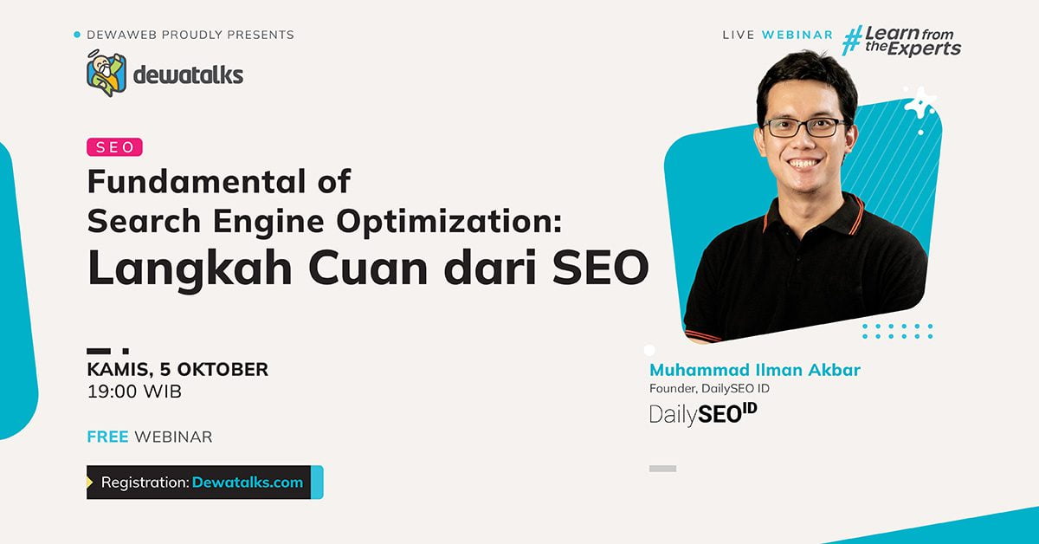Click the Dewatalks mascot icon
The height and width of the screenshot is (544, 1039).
click(x=106, y=73)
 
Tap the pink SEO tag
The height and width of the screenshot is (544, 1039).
click(x=114, y=147)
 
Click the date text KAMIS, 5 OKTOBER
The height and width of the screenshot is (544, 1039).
click(x=177, y=369)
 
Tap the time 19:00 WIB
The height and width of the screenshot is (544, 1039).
click(x=134, y=392)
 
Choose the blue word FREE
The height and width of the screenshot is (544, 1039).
click(x=107, y=437)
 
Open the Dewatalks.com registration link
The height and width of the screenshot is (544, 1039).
click(x=248, y=482)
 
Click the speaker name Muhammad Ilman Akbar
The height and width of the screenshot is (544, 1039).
click(x=754, y=371)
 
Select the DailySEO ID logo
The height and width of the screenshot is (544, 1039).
click(x=703, y=414)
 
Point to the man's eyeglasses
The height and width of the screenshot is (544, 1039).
click(x=805, y=127)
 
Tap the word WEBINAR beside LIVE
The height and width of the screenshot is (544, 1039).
click(x=797, y=35)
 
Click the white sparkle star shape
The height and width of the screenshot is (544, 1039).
click(x=920, y=102)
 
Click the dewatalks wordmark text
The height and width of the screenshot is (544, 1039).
click(x=188, y=74)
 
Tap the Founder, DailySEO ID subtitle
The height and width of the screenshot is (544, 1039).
click(x=709, y=389)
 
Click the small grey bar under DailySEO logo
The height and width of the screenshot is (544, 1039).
click(x=662, y=469)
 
